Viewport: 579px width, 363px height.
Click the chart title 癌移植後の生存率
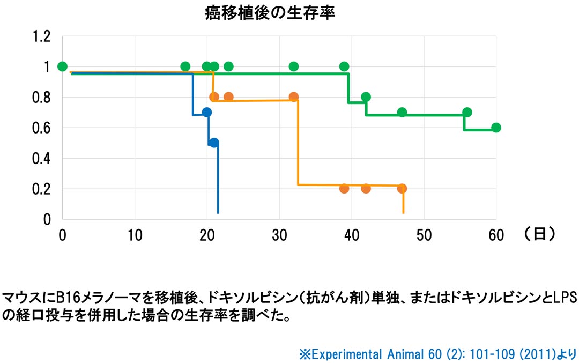[x=270, y=13]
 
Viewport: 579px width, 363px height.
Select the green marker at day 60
[x=496, y=128]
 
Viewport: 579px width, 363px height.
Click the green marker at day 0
[x=62, y=66]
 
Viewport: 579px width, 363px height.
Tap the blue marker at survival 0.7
[x=207, y=112]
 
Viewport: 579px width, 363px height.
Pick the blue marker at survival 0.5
[x=214, y=143]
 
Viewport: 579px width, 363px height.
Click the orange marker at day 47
[x=402, y=188]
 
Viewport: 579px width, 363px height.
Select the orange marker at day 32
[x=294, y=97]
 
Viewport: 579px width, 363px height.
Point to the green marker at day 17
[x=185, y=66]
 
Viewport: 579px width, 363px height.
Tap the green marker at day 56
[x=467, y=112]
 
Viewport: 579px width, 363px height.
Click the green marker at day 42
[x=366, y=97]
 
